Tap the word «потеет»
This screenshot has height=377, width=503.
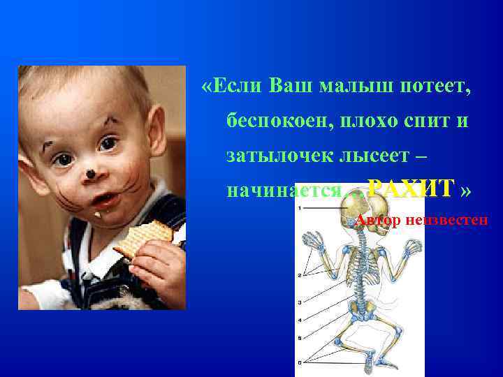(x=430, y=87)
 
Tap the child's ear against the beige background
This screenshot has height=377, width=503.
(x=159, y=133)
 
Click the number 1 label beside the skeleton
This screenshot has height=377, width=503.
(x=300, y=207)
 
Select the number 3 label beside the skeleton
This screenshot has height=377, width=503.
(x=300, y=302)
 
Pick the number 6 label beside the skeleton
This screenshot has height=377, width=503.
(x=300, y=362)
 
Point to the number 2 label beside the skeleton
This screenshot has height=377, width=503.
(x=300, y=275)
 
